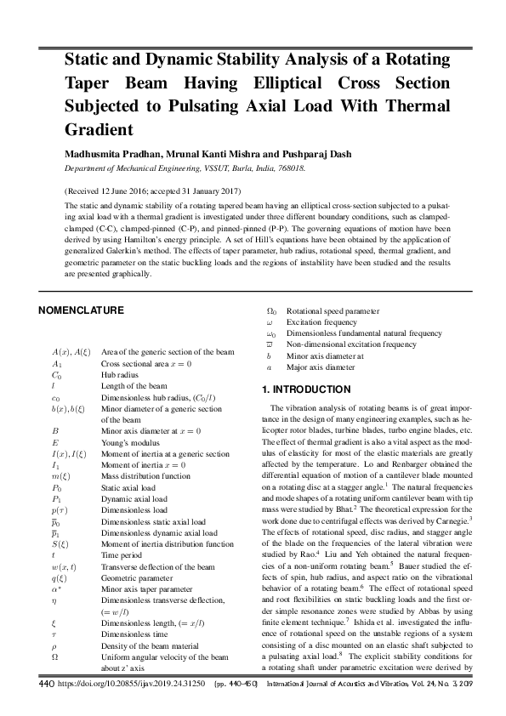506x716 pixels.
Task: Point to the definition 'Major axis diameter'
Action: click(321, 367)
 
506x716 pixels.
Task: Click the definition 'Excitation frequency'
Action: click(322, 323)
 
